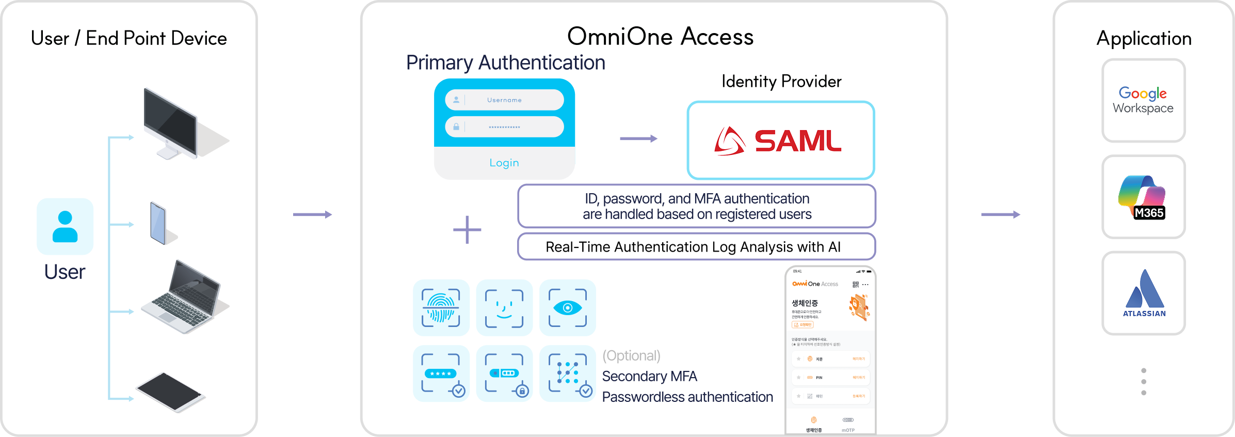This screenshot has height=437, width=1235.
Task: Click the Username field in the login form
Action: [x=504, y=100]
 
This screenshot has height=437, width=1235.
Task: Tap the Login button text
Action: [x=504, y=163]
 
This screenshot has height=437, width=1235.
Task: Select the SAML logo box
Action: [x=780, y=141]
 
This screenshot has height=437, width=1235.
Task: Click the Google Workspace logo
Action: [x=1143, y=100]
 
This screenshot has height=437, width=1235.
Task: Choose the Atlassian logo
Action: [x=1144, y=293]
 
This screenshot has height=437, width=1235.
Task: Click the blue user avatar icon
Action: [x=65, y=226]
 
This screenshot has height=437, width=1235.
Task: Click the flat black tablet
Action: [x=169, y=392]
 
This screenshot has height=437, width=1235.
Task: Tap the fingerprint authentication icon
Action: [x=441, y=308]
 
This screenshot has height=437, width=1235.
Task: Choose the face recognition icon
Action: [x=504, y=308]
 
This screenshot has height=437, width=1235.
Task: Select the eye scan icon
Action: [x=567, y=308]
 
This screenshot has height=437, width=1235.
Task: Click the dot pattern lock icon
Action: [x=568, y=373]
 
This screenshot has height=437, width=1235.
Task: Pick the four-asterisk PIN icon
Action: [x=441, y=373]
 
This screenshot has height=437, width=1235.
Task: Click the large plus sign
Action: [x=467, y=230]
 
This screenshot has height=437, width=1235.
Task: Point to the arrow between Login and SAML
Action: [x=638, y=138]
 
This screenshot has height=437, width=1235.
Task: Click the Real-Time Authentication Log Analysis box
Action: [x=696, y=247]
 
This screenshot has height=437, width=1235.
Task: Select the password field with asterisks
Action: [x=504, y=127]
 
